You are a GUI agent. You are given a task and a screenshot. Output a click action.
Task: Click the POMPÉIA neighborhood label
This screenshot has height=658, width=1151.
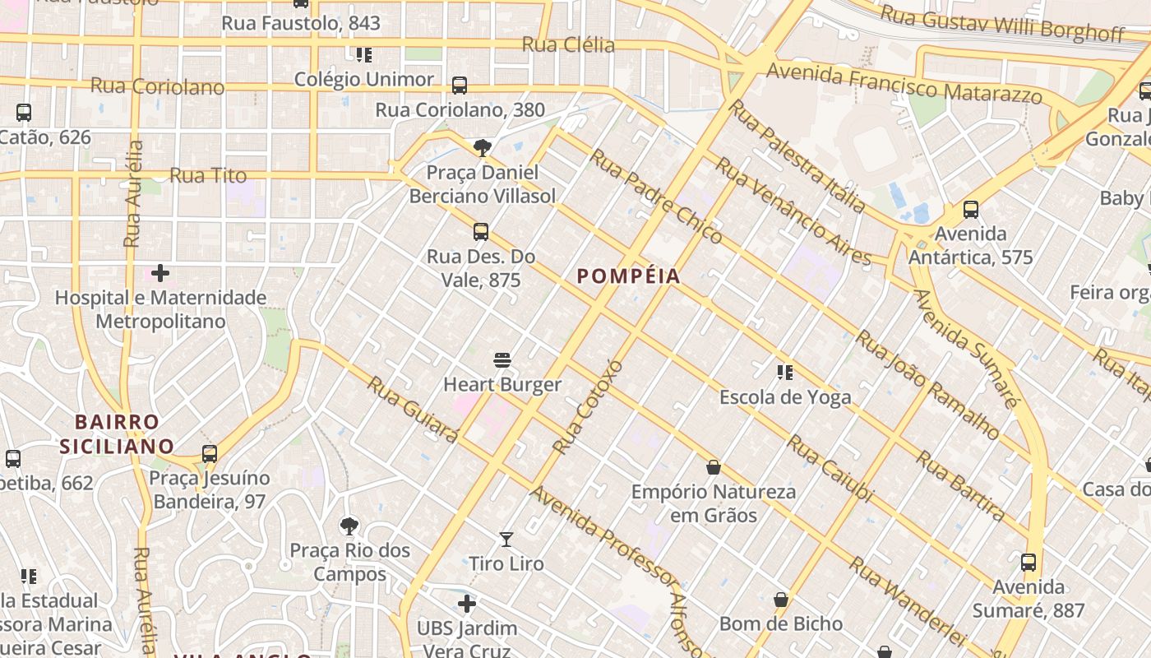tap(629, 276)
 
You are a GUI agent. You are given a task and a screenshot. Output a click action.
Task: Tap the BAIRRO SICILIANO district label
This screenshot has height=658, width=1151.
tap(116, 434)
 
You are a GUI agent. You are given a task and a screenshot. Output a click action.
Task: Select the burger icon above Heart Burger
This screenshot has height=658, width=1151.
tap(502, 360)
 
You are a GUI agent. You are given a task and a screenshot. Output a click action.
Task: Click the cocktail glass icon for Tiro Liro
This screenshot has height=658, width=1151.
tap(506, 540)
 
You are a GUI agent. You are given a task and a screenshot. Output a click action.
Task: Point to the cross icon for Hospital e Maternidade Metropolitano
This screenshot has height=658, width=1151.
tap(160, 272)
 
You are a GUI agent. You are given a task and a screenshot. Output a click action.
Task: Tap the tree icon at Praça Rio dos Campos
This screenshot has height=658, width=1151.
tap(349, 526)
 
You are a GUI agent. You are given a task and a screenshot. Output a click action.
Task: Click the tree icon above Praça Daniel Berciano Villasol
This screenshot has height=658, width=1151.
tap(483, 148)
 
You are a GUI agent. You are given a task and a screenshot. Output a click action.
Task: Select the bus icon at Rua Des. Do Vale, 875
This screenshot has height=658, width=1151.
tap(481, 232)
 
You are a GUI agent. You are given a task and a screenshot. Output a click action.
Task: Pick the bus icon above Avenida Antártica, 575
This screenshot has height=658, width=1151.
tap(971, 210)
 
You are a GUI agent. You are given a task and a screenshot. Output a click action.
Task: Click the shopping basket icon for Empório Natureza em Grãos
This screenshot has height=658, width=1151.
tap(714, 467)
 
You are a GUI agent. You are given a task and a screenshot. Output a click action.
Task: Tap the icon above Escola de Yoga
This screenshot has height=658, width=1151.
tap(785, 373)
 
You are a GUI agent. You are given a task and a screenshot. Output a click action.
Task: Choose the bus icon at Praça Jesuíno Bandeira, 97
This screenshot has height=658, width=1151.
tap(210, 453)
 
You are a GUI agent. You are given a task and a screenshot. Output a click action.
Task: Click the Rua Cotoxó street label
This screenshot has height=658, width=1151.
tap(589, 406)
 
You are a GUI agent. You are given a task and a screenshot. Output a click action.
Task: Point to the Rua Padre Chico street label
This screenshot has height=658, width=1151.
tap(656, 197)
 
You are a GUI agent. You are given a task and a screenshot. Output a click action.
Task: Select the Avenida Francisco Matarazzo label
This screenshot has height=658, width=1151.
tap(904, 84)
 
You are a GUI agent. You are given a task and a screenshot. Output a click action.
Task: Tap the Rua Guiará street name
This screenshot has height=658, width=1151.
tap(412, 409)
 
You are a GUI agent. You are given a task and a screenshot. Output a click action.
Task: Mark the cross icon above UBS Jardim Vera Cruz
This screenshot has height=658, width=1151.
tap(467, 605)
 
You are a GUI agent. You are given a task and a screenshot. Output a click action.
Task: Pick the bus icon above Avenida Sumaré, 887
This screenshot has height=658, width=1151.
tap(1029, 563)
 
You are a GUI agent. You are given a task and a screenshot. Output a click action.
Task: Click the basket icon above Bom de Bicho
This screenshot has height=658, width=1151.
tap(781, 600)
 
